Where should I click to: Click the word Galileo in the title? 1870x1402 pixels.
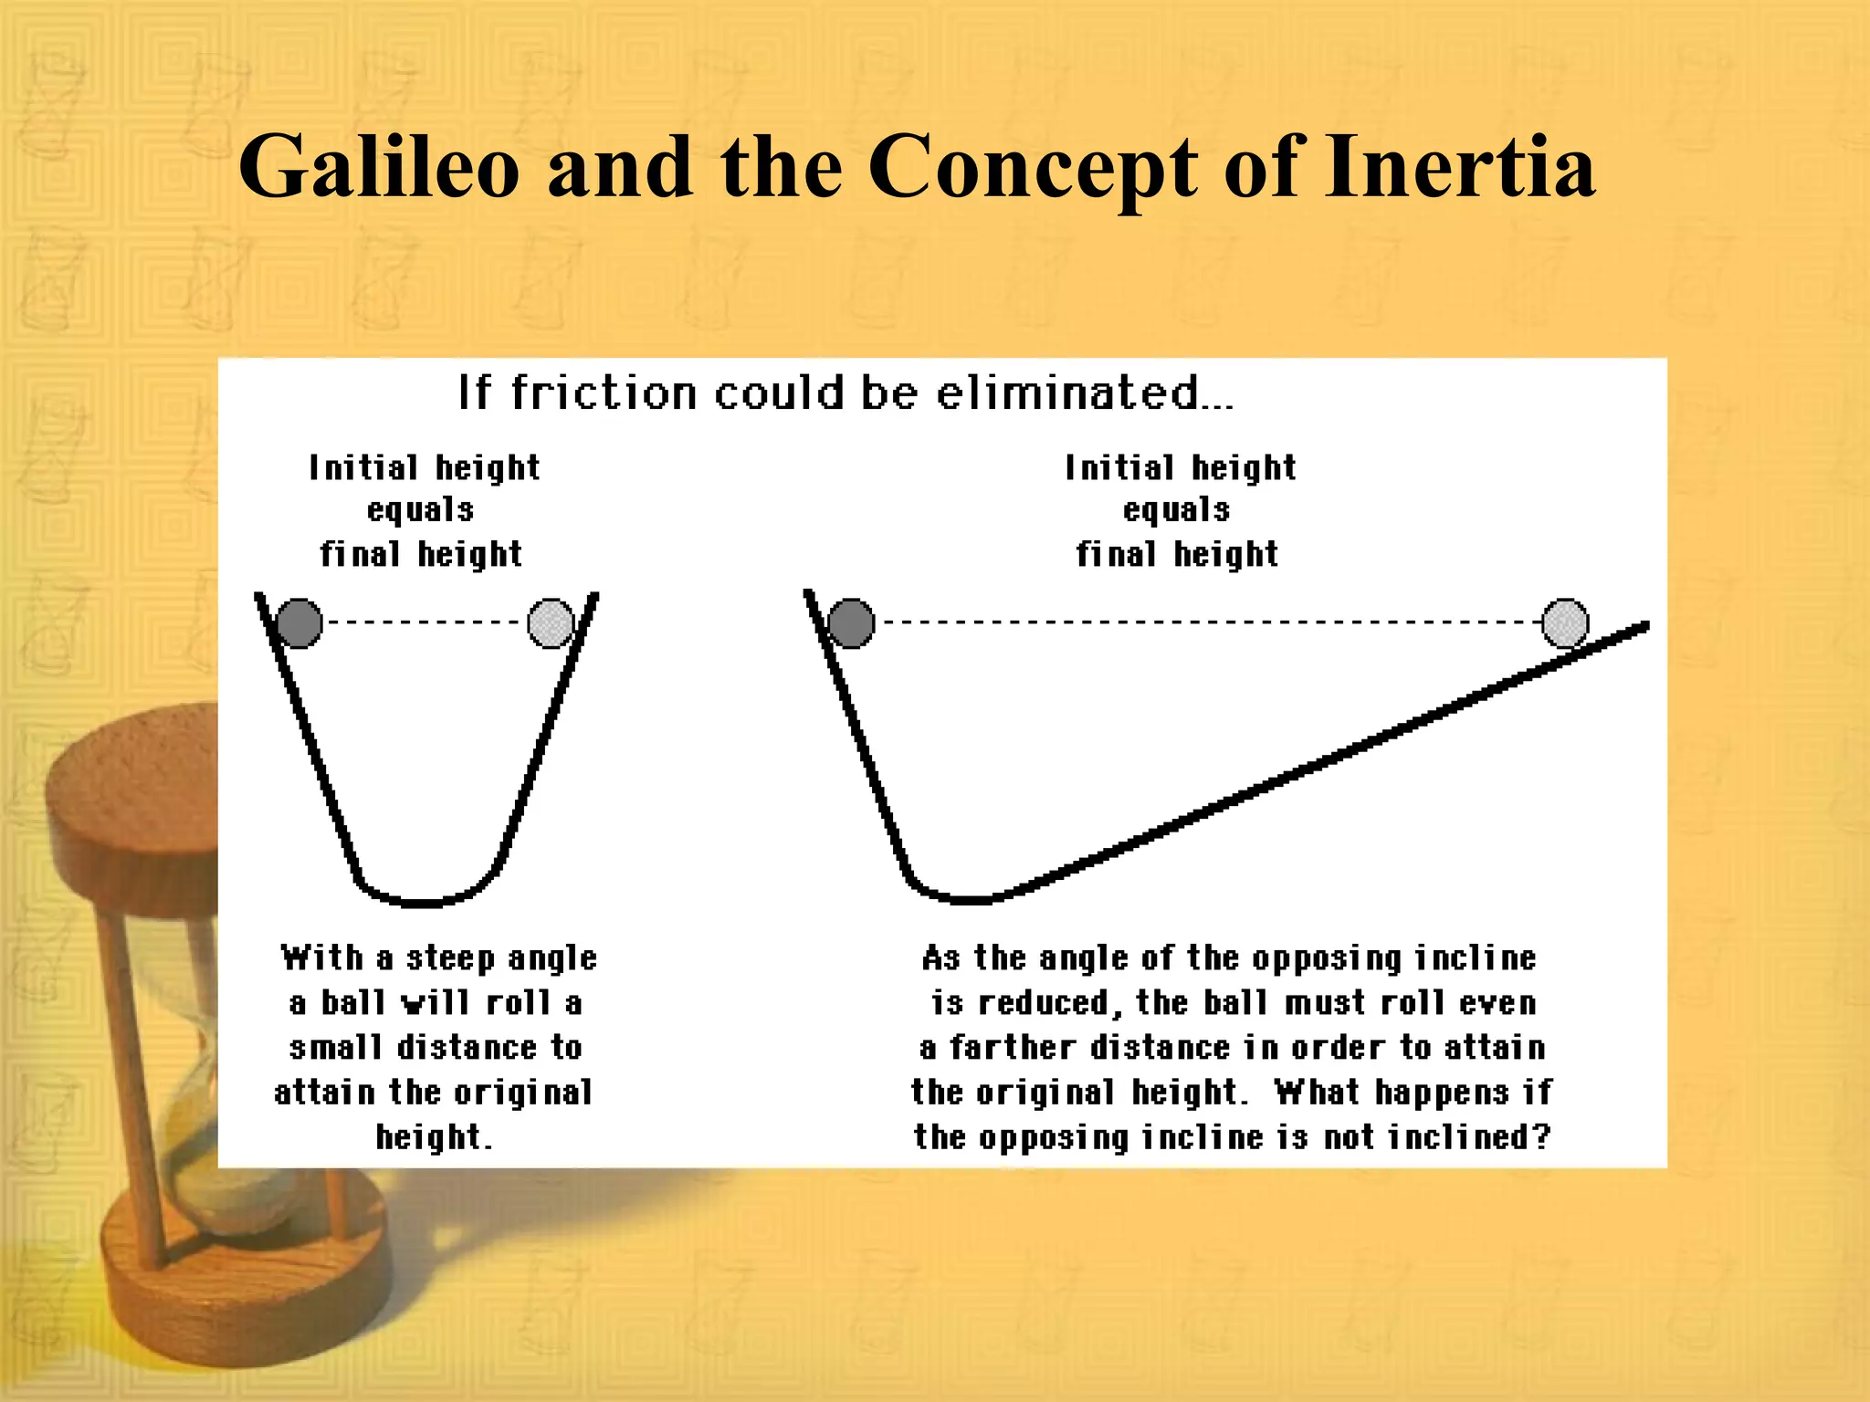[x=379, y=167]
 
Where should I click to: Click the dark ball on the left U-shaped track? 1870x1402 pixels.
[x=299, y=623]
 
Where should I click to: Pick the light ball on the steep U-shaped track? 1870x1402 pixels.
[x=551, y=623]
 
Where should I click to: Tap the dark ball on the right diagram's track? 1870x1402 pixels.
[x=851, y=623]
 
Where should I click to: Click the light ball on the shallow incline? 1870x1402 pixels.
[x=1565, y=623]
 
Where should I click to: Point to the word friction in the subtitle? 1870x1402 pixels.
[x=604, y=393]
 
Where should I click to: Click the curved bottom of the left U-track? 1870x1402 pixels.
[x=424, y=901]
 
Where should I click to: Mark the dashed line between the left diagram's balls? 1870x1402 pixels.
[x=425, y=623]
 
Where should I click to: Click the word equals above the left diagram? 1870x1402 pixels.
[x=420, y=510]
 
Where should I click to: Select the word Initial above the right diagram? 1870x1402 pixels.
[x=1119, y=467]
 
